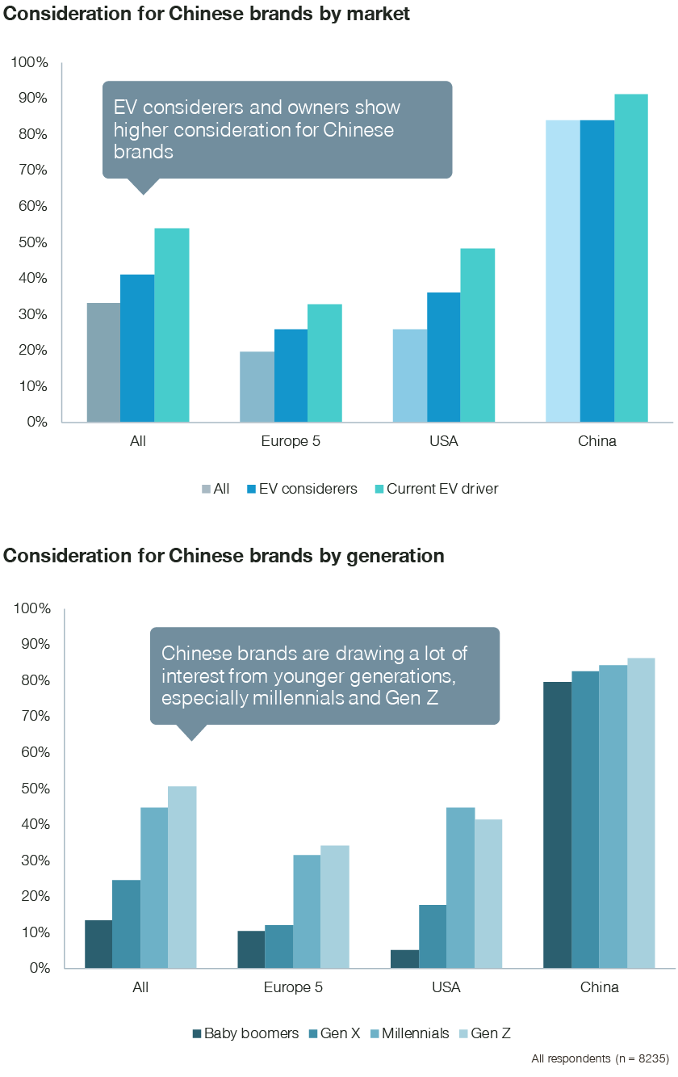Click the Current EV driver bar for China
tap(630, 259)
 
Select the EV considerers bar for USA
tap(444, 357)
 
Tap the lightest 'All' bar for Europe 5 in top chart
tap(257, 387)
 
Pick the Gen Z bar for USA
tap(488, 894)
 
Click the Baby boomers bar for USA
tap(405, 959)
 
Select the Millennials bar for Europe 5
tap(307, 911)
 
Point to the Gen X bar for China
tap(586, 819)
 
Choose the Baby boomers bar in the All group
tap(98, 944)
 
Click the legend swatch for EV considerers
tap(252, 489)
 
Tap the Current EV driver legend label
tap(442, 489)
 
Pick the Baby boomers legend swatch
tap(196, 1033)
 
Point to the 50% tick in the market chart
tap(31, 242)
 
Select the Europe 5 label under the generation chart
tap(294, 987)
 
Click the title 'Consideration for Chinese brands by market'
tap(207, 14)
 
